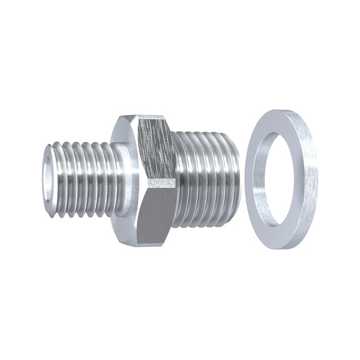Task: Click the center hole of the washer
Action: click(278, 178)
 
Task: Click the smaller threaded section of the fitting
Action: click(81, 178)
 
